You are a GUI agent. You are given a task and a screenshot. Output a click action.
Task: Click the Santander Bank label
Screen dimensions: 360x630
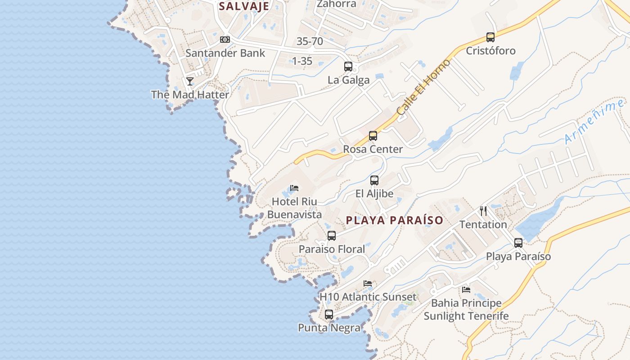[225, 53]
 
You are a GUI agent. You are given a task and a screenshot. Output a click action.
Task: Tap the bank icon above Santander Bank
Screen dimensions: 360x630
[225, 40]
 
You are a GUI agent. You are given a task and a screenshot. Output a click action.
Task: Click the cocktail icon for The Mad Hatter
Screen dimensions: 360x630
[190, 81]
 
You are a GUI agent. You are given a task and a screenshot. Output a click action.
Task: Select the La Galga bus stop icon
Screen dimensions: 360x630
[348, 67]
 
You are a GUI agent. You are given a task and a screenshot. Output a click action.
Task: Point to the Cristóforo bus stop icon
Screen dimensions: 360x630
[490, 37]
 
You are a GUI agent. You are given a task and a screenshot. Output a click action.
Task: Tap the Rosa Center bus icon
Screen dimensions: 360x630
[373, 135]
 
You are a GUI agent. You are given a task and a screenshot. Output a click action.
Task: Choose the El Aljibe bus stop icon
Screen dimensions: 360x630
[374, 180]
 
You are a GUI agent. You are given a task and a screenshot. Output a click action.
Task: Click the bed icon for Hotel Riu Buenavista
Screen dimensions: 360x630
[294, 188]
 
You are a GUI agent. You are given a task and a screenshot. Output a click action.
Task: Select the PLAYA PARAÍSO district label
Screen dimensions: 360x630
[395, 220]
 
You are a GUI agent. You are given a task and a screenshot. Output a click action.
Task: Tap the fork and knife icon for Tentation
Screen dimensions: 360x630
[483, 211]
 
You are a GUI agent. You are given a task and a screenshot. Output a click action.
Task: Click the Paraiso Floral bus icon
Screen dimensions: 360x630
[332, 235]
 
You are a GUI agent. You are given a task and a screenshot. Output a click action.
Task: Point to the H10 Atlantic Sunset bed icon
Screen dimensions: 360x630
[368, 283]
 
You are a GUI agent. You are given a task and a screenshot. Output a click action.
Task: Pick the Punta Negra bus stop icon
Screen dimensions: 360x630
[329, 315]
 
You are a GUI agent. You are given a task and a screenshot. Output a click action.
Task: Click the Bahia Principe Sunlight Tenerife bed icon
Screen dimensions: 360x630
[466, 290]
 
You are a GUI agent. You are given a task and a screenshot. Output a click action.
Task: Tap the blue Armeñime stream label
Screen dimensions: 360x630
[594, 122]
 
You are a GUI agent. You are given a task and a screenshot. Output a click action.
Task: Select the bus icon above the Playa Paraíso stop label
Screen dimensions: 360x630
[518, 243]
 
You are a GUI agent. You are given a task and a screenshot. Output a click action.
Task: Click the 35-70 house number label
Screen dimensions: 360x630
[310, 41]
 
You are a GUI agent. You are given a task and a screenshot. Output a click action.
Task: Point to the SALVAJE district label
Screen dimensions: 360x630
[244, 6]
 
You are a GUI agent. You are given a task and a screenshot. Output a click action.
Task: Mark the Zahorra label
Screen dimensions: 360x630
[336, 4]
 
